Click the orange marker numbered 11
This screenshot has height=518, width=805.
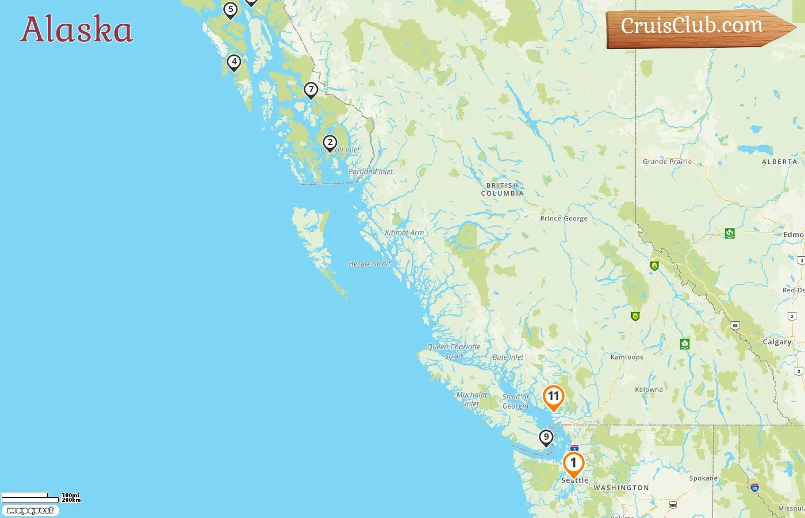click(553, 397)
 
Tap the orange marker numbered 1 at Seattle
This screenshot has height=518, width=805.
click(573, 463)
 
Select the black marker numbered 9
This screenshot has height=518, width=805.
click(546, 437)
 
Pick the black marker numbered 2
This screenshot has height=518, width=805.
click(329, 143)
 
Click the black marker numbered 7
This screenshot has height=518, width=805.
click(310, 90)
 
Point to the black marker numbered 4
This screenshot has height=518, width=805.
click(233, 62)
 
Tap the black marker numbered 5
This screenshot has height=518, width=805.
click(231, 10)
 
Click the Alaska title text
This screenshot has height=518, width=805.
click(76, 29)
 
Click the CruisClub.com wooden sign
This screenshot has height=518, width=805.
click(696, 28)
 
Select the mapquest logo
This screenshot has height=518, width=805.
click(30, 511)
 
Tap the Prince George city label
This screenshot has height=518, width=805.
click(563, 219)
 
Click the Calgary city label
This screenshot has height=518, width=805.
click(777, 342)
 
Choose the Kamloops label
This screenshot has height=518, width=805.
click(627, 357)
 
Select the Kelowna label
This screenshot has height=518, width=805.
click(649, 390)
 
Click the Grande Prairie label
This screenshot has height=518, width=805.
click(667, 162)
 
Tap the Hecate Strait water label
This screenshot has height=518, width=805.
click(369, 264)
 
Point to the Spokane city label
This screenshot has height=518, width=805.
click(703, 478)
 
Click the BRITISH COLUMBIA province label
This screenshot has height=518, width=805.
click(503, 189)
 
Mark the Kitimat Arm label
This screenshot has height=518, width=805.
click(404, 233)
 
